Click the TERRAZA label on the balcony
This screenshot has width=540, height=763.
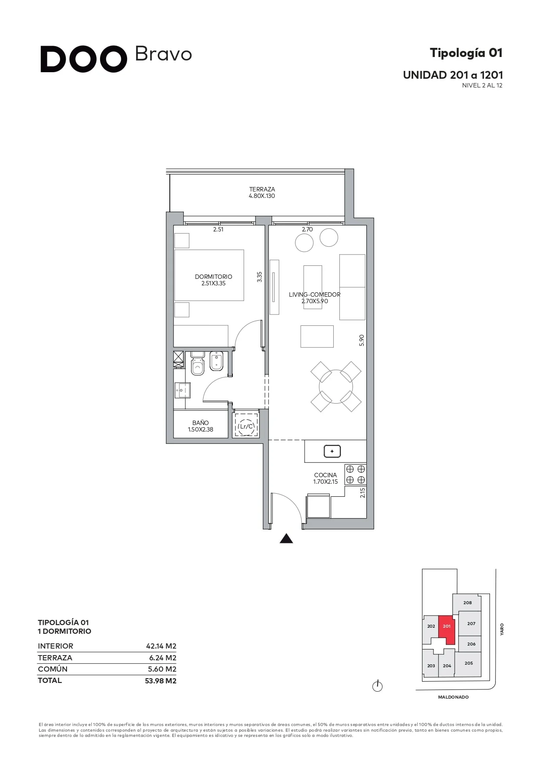point(262,189)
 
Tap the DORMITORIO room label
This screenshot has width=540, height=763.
point(213,277)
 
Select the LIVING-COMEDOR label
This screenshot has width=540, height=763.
point(315,294)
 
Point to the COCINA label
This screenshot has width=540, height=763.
point(325,475)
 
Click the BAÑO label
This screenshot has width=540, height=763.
point(201,423)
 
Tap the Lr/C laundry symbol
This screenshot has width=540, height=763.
point(246,425)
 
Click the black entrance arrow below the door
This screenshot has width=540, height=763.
point(286,539)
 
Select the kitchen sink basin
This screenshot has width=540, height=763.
point(332,452)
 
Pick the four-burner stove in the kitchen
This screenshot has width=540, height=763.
point(356,475)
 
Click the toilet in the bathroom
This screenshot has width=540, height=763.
point(198,364)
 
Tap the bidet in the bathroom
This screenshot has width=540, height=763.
point(217,361)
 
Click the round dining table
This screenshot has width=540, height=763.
point(336,386)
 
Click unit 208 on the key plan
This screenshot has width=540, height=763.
point(467,603)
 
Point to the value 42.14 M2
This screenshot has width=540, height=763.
point(161,646)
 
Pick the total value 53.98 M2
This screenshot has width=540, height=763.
point(161,681)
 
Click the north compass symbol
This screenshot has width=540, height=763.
point(377,686)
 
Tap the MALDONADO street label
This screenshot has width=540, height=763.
point(453,697)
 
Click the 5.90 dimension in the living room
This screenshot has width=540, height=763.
point(361,340)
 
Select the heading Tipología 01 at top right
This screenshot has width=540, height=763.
point(466,53)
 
